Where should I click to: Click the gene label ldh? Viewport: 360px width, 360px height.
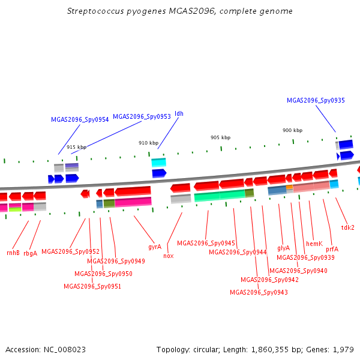coord(179,113)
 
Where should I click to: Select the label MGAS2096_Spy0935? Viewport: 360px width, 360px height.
coord(316,101)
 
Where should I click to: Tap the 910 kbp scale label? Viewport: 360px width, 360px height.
coord(149,143)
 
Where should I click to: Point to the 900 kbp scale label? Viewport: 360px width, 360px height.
coord(293,130)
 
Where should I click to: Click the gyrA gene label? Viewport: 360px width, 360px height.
coord(155,247)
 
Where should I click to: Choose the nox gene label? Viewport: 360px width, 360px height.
coord(168,256)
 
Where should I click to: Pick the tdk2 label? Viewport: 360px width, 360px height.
coord(348,227)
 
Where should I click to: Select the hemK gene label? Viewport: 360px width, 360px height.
coord(314,244)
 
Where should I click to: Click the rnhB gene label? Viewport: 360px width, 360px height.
coord(13,253)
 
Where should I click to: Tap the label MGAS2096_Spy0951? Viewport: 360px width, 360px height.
coord(92,287)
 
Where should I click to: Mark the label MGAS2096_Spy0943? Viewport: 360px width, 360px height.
coord(259,293)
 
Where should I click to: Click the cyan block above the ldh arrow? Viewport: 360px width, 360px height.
coord(158,163)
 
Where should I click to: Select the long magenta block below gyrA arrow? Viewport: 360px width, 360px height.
coord(133,202)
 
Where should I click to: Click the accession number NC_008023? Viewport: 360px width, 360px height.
coord(65,350)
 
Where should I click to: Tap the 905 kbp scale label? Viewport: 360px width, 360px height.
coord(220,137)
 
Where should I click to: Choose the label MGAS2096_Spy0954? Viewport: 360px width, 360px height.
coord(80,120)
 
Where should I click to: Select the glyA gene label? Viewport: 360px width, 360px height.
coord(284,248)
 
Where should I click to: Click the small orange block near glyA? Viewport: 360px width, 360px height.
coord(289,187)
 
